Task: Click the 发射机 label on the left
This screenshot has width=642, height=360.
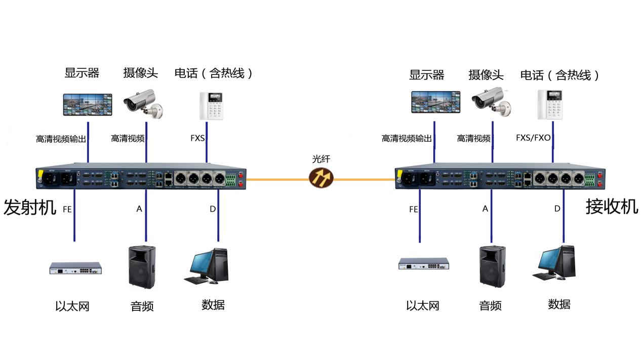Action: click(29, 208)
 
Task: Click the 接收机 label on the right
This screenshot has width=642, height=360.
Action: click(612, 207)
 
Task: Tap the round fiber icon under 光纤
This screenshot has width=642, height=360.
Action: click(322, 178)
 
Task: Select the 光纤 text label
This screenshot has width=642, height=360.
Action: click(321, 159)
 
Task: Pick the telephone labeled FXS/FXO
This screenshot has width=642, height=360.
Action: click(550, 105)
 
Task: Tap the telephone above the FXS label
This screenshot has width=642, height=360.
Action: click(212, 106)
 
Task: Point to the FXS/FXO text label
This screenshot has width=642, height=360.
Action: click(533, 138)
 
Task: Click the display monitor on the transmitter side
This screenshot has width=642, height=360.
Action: click(88, 104)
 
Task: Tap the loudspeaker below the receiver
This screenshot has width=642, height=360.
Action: click(493, 266)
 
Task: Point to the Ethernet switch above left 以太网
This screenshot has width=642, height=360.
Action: click(75, 268)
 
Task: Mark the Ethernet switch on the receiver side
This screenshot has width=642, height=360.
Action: click(424, 264)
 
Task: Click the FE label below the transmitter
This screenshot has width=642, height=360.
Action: click(67, 209)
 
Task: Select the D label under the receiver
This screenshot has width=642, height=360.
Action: click(557, 209)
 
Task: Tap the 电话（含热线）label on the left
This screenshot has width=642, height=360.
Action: click(213, 73)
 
